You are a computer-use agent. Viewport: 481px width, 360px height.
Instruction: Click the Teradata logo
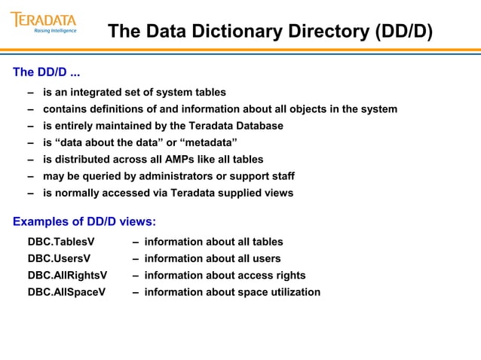43,20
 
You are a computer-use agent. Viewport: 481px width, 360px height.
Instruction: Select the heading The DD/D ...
46,73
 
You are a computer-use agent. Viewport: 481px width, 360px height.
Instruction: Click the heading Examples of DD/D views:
84,221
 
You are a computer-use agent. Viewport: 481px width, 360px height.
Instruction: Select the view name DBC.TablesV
61,242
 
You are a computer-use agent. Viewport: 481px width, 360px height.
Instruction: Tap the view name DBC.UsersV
59,258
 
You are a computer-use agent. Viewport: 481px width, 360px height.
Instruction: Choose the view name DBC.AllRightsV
67,275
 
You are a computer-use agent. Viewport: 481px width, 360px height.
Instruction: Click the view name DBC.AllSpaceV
66,291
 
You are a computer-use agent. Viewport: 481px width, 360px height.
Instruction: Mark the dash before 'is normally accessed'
31,192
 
